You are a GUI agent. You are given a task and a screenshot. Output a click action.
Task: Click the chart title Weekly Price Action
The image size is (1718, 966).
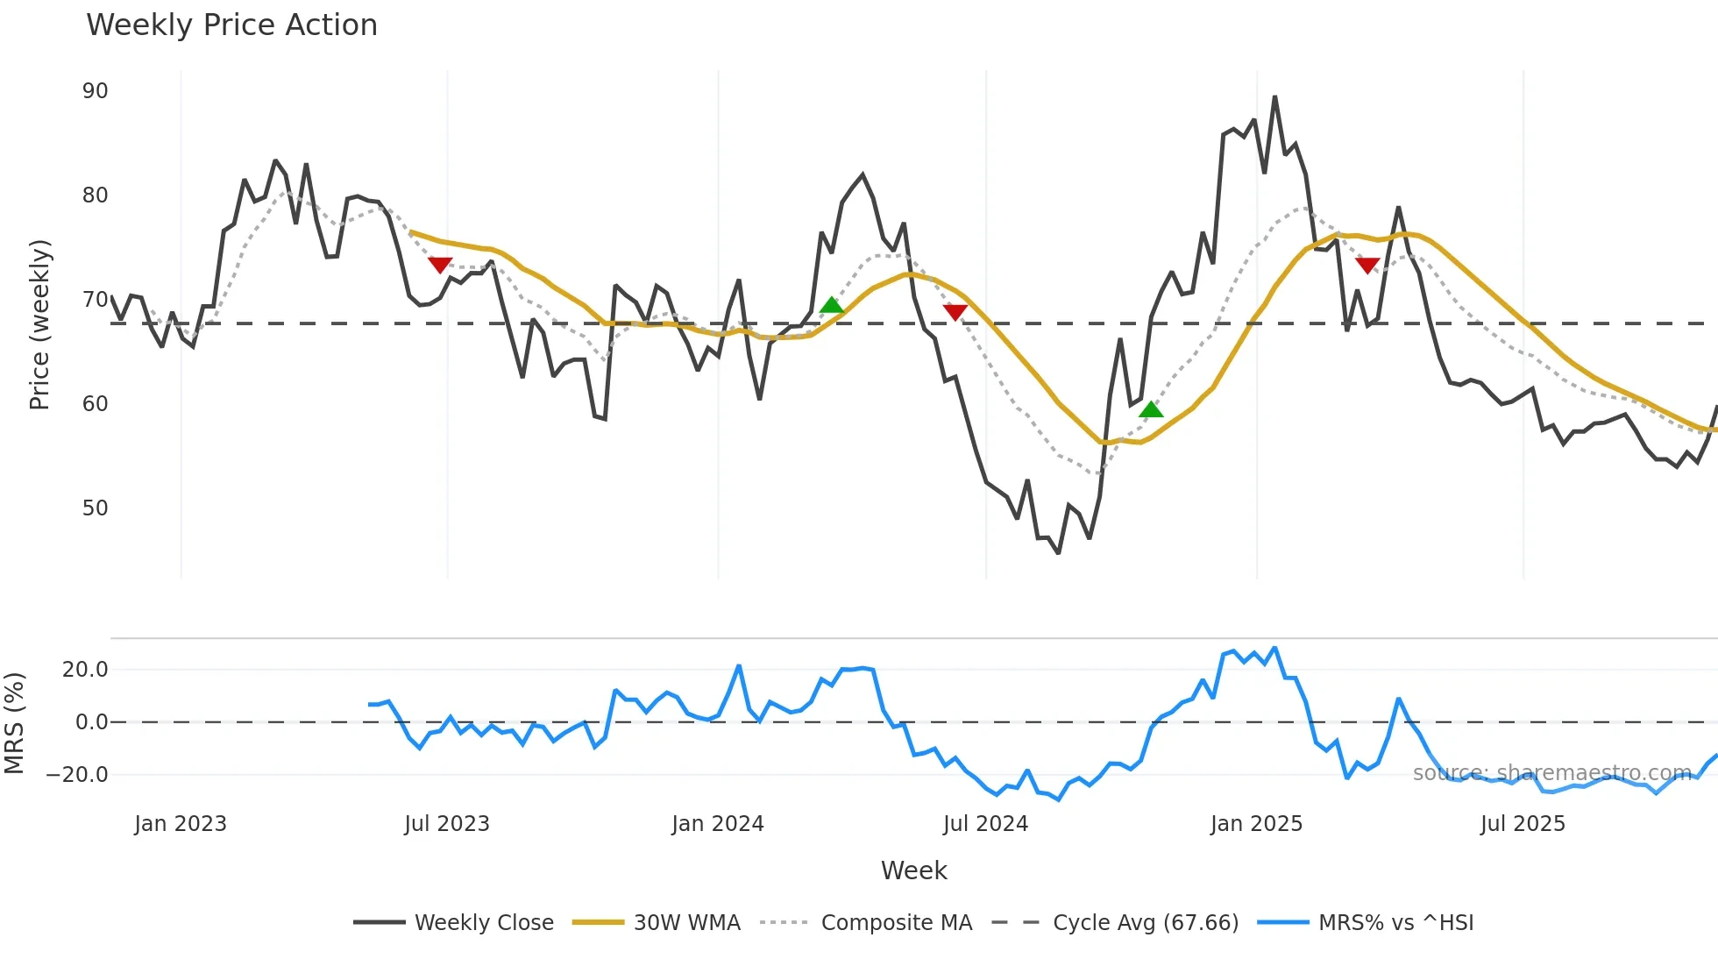(x=231, y=25)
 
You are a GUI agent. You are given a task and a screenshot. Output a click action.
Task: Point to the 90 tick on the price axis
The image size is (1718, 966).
(x=96, y=91)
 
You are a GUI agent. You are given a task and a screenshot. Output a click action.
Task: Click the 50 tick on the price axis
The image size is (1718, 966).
(x=96, y=508)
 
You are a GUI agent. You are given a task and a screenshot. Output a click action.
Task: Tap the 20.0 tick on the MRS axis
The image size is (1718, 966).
(x=85, y=670)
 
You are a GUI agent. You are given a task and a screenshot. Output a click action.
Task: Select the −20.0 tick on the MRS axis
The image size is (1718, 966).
(x=78, y=775)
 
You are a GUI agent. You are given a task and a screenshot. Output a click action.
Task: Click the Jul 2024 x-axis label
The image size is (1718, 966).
(x=985, y=824)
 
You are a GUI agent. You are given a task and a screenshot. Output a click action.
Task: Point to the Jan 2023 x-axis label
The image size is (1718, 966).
(x=181, y=824)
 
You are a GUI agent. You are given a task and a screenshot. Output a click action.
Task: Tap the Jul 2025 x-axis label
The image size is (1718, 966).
(x=1523, y=824)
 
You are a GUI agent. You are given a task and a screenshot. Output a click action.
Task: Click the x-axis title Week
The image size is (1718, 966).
(x=913, y=870)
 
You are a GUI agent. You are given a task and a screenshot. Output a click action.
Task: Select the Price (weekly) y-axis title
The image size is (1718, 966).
(x=39, y=324)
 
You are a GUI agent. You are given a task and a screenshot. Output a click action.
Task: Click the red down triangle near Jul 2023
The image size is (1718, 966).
(x=440, y=265)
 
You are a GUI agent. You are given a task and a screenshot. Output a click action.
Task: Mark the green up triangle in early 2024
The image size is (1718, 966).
(x=831, y=305)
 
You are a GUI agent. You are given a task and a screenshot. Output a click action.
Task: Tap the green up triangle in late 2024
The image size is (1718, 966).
(x=1151, y=409)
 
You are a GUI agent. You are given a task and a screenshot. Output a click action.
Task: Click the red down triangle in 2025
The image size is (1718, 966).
(x=1367, y=265)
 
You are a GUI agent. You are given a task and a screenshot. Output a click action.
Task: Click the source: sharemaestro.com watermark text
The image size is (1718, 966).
(x=1551, y=773)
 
